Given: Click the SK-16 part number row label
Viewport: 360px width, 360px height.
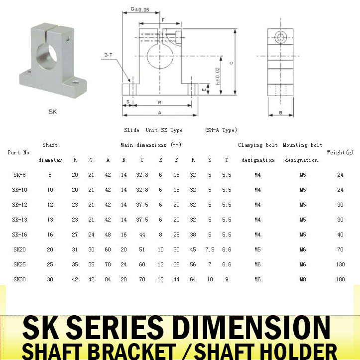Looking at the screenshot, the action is [x=19, y=235].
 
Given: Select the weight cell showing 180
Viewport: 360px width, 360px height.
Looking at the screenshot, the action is [x=340, y=279].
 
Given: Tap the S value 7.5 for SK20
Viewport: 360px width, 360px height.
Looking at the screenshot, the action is [x=210, y=249].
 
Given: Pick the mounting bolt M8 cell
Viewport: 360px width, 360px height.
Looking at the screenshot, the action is [x=303, y=279].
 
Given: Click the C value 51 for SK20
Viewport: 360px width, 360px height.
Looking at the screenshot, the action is [x=142, y=249].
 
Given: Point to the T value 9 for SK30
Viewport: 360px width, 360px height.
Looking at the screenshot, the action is [x=227, y=279].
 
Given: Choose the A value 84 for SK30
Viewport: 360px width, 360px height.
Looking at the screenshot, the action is [x=108, y=279].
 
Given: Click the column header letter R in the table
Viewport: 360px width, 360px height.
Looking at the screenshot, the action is [x=193, y=160].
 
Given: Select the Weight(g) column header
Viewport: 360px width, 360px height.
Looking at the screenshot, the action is [x=340, y=152].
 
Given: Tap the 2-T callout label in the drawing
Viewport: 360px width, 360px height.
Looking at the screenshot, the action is [x=109, y=55].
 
